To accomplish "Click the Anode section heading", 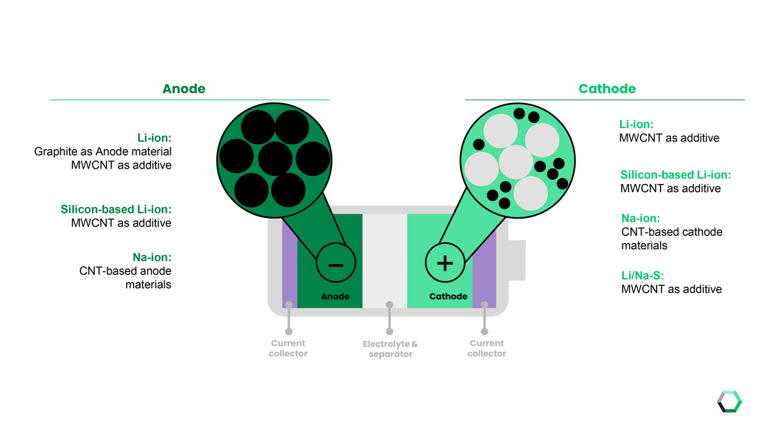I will (184, 89).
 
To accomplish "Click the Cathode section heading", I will (607, 89).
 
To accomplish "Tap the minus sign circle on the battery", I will (336, 263).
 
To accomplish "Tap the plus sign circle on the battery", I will (445, 263).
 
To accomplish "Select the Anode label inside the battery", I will (335, 296).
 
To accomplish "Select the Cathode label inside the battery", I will (448, 296).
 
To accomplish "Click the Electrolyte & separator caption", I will (390, 349).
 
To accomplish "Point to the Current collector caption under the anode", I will (288, 348).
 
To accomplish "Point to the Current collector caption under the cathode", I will (487, 348).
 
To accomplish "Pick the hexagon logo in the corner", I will (729, 402).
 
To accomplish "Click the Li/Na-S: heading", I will (642, 275).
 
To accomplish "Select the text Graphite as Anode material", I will (103, 151).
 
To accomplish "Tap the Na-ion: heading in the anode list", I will (152, 257).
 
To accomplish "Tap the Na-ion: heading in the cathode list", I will (641, 218).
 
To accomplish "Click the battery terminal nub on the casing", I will (517, 260).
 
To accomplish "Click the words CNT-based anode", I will (125, 271).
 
